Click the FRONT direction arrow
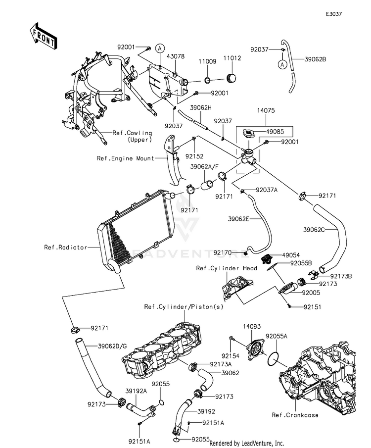coord(43,36)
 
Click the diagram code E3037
coord(334,14)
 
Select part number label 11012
coord(232,58)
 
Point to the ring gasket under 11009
coord(208,80)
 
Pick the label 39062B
coord(315,59)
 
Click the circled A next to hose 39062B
coord(282,65)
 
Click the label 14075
coord(266,110)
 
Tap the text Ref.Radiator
coord(65,248)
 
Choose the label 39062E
coord(239,219)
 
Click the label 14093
coord(252,327)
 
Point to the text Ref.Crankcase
coord(295,415)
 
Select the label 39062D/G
coord(112,347)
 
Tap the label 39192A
coord(136,391)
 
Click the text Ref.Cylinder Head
coord(227,268)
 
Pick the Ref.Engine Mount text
coord(125,158)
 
